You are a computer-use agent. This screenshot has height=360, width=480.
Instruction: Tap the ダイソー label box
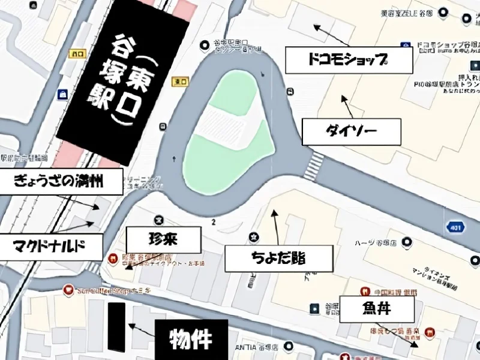coord(350,131)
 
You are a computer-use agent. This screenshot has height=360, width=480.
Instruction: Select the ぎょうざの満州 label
coord(61,182)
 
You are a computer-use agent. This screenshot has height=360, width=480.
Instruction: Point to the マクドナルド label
coord(50,246)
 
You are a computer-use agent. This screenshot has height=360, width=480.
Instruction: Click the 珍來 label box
coord(163,240)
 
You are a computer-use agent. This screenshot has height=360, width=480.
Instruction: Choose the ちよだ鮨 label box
coord(278,259)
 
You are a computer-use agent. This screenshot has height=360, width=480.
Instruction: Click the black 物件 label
coord(191,339)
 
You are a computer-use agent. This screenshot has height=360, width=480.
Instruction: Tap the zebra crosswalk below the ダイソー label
coord(313,165)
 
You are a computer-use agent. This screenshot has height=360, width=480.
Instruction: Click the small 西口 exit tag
coord(77,53)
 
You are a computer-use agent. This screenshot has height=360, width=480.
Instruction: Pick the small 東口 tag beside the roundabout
coord(178,81)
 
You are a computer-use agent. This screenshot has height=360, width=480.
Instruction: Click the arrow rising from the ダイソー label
coord(346,105)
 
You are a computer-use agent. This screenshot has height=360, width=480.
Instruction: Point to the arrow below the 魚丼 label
coord(408,339)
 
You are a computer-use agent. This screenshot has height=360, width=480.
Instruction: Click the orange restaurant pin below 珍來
coord(112,259)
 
